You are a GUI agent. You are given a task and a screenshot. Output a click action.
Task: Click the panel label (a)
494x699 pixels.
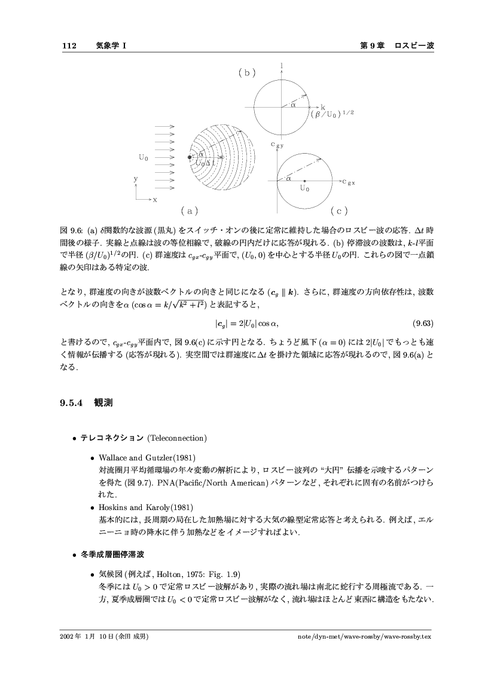point(189,211)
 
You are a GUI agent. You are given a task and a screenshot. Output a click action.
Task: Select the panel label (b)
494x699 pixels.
point(247,73)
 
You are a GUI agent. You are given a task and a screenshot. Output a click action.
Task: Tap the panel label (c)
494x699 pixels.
point(339,211)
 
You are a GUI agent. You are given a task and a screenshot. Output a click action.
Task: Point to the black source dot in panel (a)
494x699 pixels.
point(190,157)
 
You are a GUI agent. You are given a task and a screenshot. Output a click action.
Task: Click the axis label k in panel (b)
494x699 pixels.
point(323,106)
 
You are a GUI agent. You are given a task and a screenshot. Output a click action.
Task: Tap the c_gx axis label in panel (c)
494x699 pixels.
point(349,182)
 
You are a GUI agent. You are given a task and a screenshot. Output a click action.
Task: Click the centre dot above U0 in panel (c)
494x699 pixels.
point(305,180)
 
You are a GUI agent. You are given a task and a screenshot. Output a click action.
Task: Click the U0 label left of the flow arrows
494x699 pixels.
point(144,158)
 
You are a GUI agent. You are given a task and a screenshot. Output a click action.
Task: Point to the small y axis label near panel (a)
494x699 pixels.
point(136,179)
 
